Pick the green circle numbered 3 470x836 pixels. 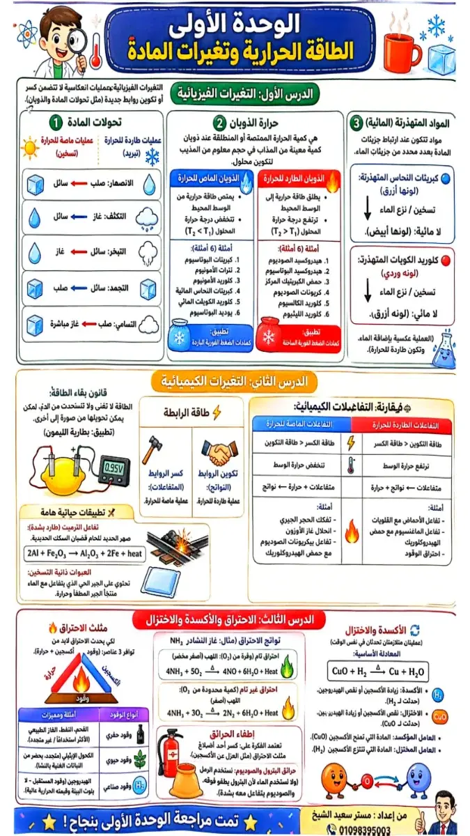[x=357, y=123]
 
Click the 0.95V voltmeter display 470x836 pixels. [x=114, y=465]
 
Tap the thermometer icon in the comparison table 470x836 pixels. [x=351, y=465]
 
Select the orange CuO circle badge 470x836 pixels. [x=440, y=716]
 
